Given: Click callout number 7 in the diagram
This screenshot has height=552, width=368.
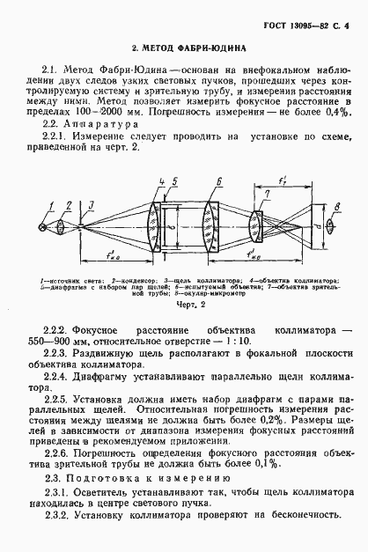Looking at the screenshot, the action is pos(265,193).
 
